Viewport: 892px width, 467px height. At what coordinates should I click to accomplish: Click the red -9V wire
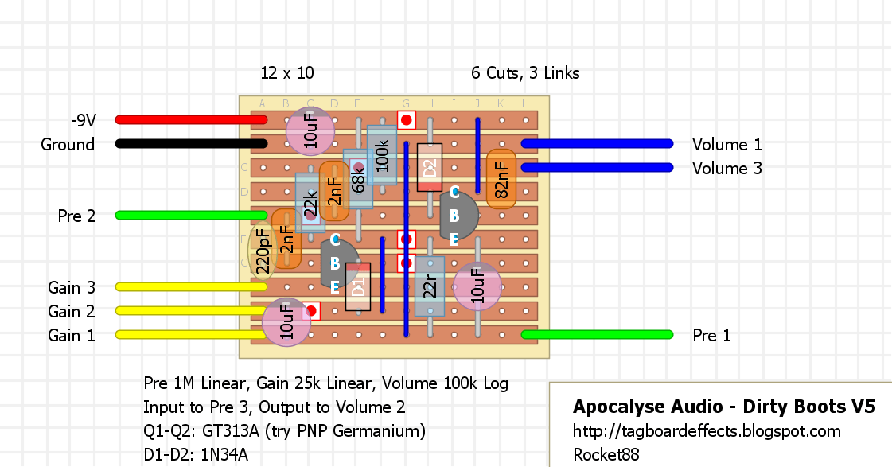191,120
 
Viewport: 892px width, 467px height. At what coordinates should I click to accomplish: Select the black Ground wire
191,144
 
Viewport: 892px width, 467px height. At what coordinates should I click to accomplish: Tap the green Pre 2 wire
191,216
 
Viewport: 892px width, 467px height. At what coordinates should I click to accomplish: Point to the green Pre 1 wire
598,335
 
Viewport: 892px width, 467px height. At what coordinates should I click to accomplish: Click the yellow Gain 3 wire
191,287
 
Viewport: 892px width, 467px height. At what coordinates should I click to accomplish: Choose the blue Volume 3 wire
598,168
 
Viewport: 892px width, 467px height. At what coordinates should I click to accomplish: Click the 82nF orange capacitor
501,179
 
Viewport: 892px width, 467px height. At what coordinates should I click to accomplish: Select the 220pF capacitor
263,251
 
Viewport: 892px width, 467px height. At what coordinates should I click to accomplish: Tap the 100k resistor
382,155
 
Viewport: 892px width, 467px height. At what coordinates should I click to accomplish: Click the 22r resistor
430,286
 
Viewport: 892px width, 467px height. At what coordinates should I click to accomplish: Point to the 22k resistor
310,203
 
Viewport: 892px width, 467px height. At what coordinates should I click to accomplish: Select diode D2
430,167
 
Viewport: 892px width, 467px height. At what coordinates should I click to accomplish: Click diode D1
358,286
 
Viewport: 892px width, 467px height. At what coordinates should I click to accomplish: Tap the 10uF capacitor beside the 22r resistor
477,286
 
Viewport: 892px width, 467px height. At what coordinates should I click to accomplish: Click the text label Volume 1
726,145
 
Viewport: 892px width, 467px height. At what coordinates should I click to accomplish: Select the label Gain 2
72,312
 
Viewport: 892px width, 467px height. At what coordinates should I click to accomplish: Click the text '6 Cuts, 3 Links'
525,73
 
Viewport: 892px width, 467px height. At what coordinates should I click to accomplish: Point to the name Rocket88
606,454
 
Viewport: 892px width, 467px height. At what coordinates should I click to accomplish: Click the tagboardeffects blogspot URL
707,431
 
